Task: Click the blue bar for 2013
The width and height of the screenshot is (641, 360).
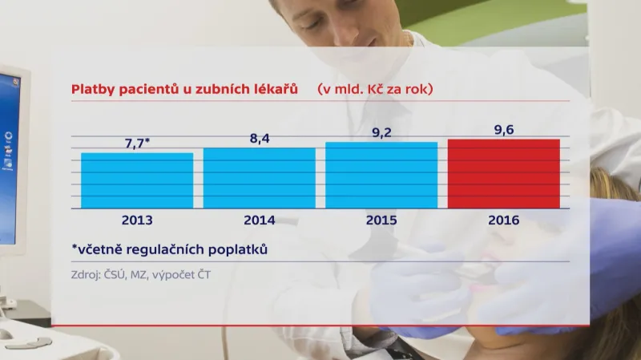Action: point(137,180)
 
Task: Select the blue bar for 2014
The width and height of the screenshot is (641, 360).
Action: point(259,178)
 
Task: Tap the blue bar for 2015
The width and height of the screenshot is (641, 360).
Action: point(381,175)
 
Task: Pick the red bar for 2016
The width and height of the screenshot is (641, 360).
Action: point(503,173)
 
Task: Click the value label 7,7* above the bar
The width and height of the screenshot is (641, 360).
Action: point(137,142)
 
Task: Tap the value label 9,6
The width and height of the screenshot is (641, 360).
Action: point(503,129)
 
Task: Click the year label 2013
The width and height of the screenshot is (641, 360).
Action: point(137,220)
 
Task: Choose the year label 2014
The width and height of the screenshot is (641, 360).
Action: point(259,220)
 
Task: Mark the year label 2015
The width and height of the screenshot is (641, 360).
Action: point(381,220)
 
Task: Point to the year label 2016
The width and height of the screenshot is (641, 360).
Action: point(503,220)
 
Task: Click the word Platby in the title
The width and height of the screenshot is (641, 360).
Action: point(91,89)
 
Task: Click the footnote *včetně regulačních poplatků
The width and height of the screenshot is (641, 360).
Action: point(169,249)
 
